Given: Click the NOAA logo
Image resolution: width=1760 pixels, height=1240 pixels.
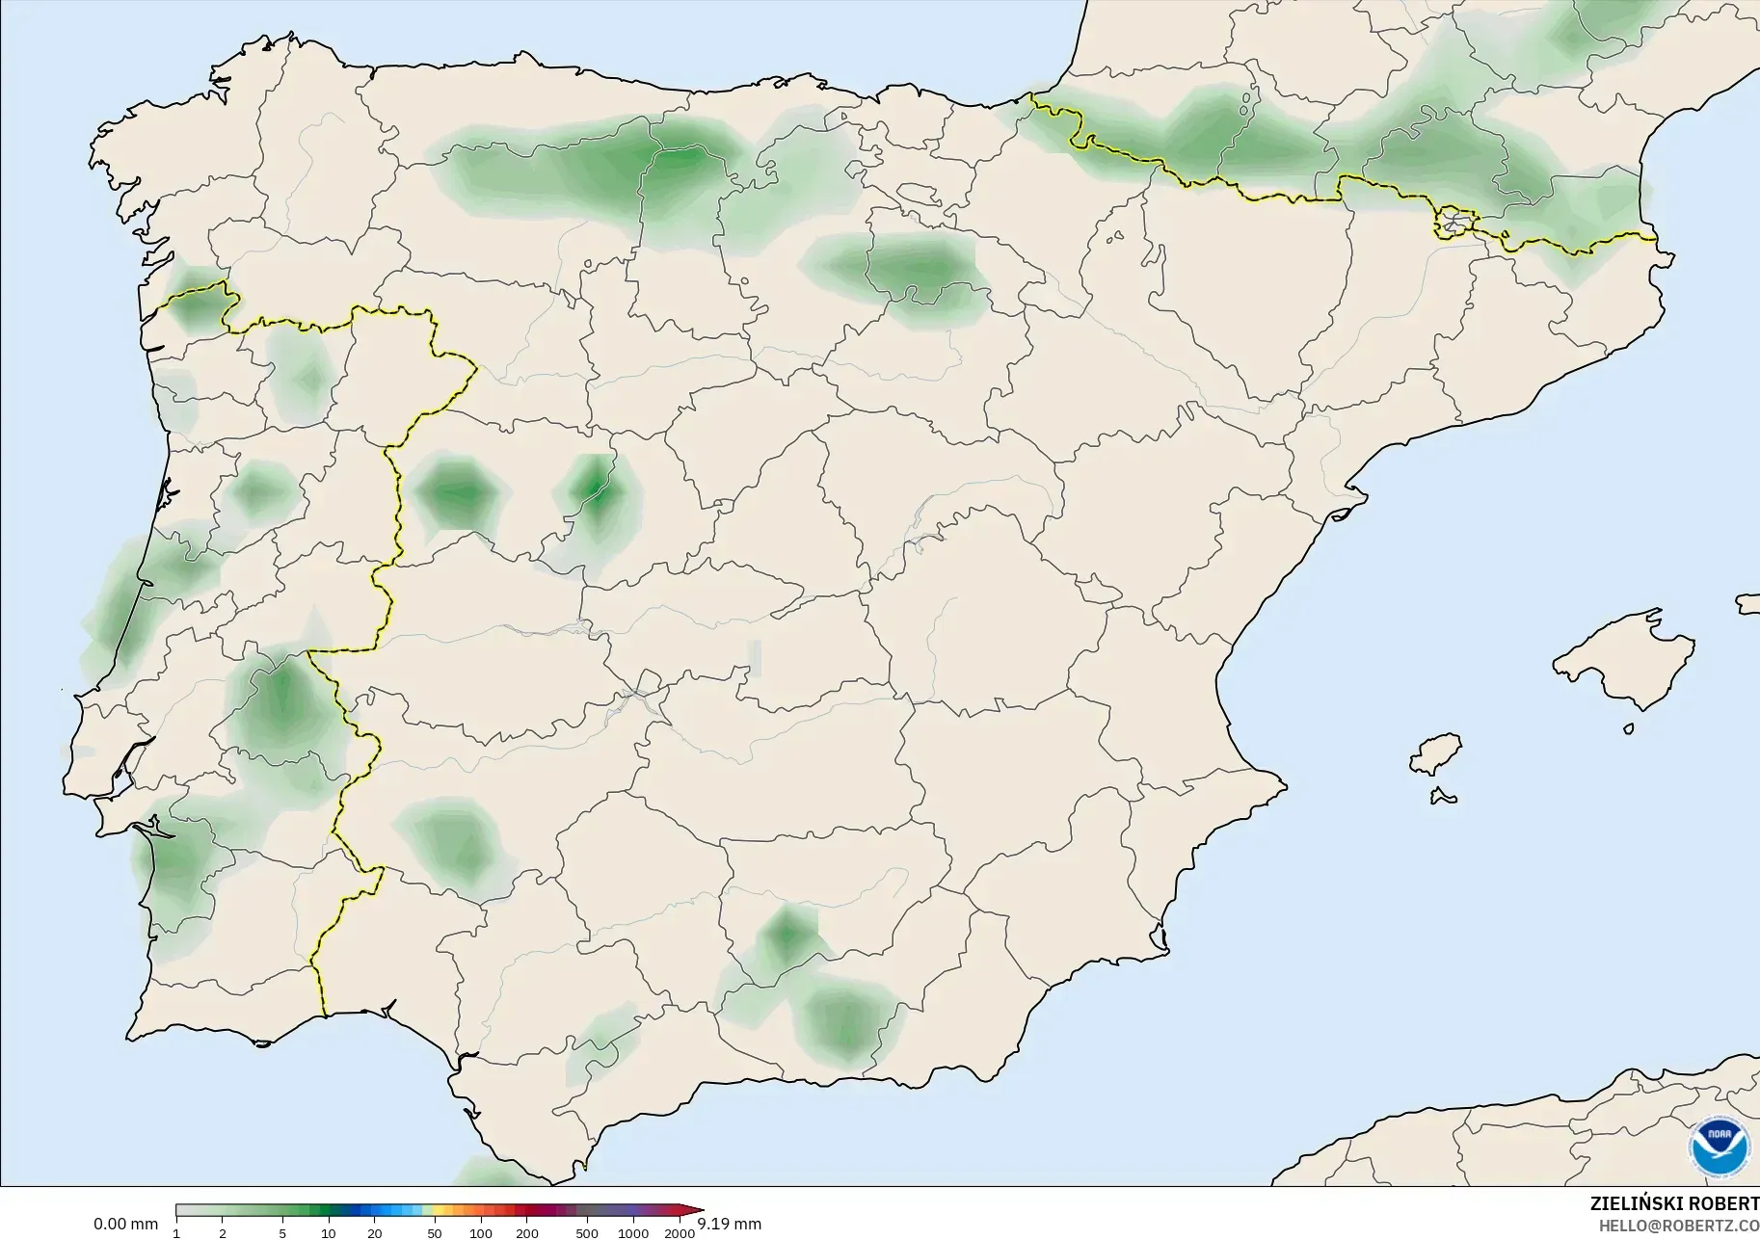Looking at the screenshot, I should [1720, 1147].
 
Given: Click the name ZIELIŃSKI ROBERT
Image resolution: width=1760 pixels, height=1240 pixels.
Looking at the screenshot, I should [1674, 1203].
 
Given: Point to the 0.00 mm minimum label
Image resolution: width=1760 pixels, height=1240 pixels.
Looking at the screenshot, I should [125, 1225].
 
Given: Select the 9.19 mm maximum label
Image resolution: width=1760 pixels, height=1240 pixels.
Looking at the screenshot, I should [730, 1225].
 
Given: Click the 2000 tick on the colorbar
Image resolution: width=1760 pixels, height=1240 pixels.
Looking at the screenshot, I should [680, 1233].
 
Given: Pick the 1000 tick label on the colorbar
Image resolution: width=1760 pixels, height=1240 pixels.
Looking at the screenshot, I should [633, 1233].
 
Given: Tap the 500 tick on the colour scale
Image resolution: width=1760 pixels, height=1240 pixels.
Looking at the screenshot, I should [587, 1233].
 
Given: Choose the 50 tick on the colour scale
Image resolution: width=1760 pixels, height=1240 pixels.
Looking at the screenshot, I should [435, 1233].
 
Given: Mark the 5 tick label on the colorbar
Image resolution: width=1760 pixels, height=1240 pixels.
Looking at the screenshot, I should [282, 1233].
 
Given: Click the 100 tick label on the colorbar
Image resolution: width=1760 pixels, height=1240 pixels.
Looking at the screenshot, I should [481, 1233].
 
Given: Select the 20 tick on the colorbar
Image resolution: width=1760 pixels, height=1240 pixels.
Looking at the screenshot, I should [375, 1233].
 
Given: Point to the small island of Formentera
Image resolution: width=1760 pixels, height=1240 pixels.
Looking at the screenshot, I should [1443, 796].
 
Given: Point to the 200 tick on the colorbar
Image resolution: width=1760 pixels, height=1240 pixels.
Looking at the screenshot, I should [526, 1233].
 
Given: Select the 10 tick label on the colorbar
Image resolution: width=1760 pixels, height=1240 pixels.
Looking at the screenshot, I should [329, 1233].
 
